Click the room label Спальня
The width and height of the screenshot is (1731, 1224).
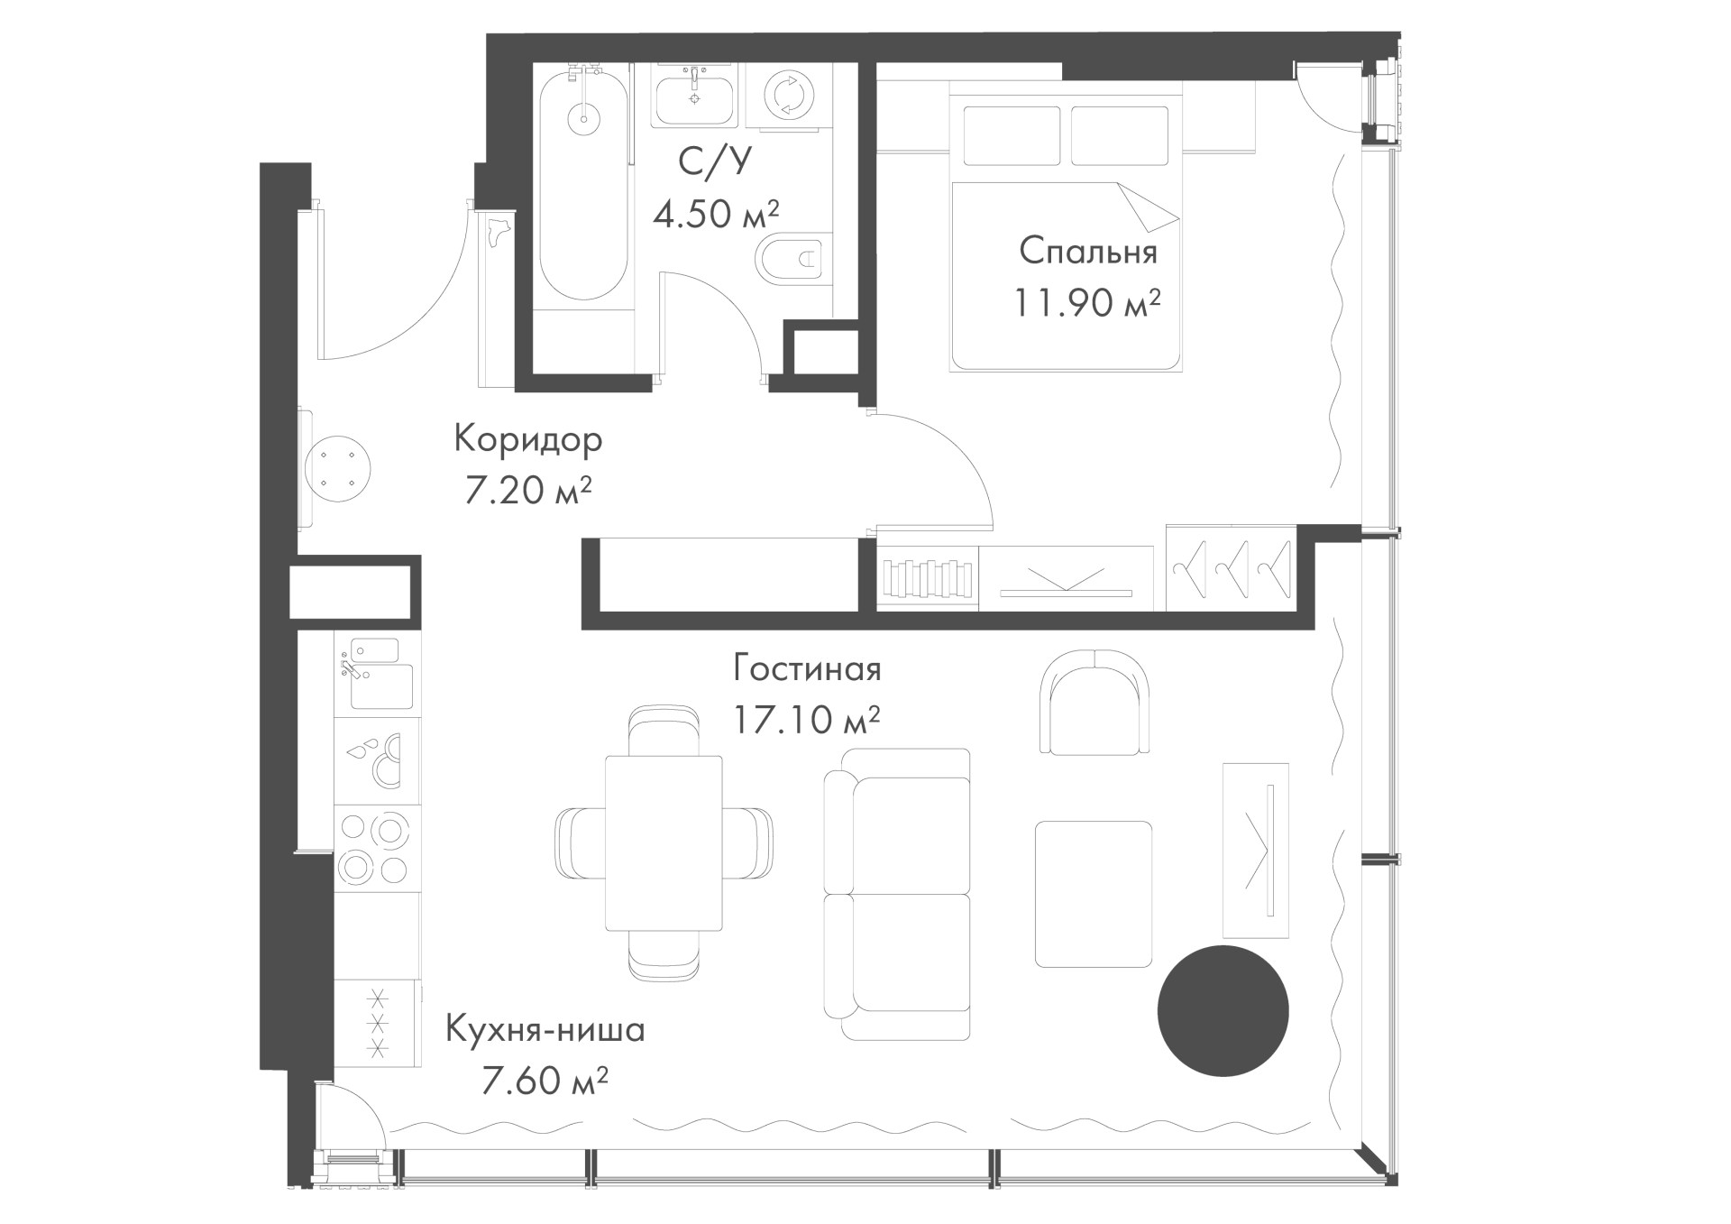tap(1088, 252)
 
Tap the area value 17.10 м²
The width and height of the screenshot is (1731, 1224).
tap(807, 720)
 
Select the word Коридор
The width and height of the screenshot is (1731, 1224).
tap(528, 440)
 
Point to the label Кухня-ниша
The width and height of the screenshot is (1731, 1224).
tap(545, 1029)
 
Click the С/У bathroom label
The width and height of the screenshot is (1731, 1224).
tap(714, 161)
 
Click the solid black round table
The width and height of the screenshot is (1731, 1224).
tap(1223, 1011)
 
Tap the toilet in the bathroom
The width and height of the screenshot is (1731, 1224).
tap(792, 261)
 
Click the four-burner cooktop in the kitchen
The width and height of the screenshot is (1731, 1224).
tap(377, 849)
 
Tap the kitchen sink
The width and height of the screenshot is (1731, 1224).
tap(378, 674)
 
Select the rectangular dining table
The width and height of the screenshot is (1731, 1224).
tap(664, 843)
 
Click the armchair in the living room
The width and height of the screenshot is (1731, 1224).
tap(1094, 702)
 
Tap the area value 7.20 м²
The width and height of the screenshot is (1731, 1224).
tap(528, 491)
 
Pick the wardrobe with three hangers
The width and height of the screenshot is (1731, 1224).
tap(1232, 567)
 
